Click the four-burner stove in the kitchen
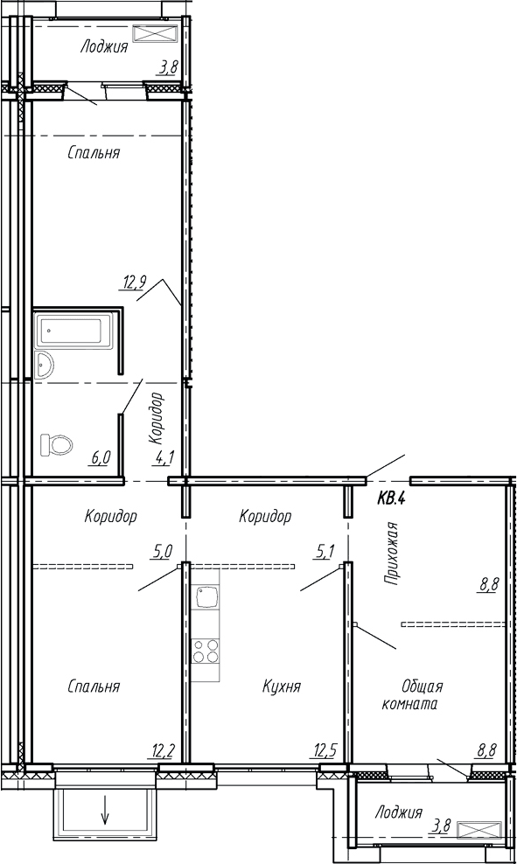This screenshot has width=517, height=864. (x=205, y=650)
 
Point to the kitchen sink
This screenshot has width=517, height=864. (x=206, y=598)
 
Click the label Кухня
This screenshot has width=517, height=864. (x=282, y=686)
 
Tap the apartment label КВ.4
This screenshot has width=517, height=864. (x=391, y=499)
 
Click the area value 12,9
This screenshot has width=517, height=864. (x=134, y=283)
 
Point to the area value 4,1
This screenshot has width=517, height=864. (x=164, y=456)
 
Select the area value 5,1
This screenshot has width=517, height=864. (x=323, y=550)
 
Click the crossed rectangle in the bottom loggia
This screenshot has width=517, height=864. (x=480, y=830)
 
